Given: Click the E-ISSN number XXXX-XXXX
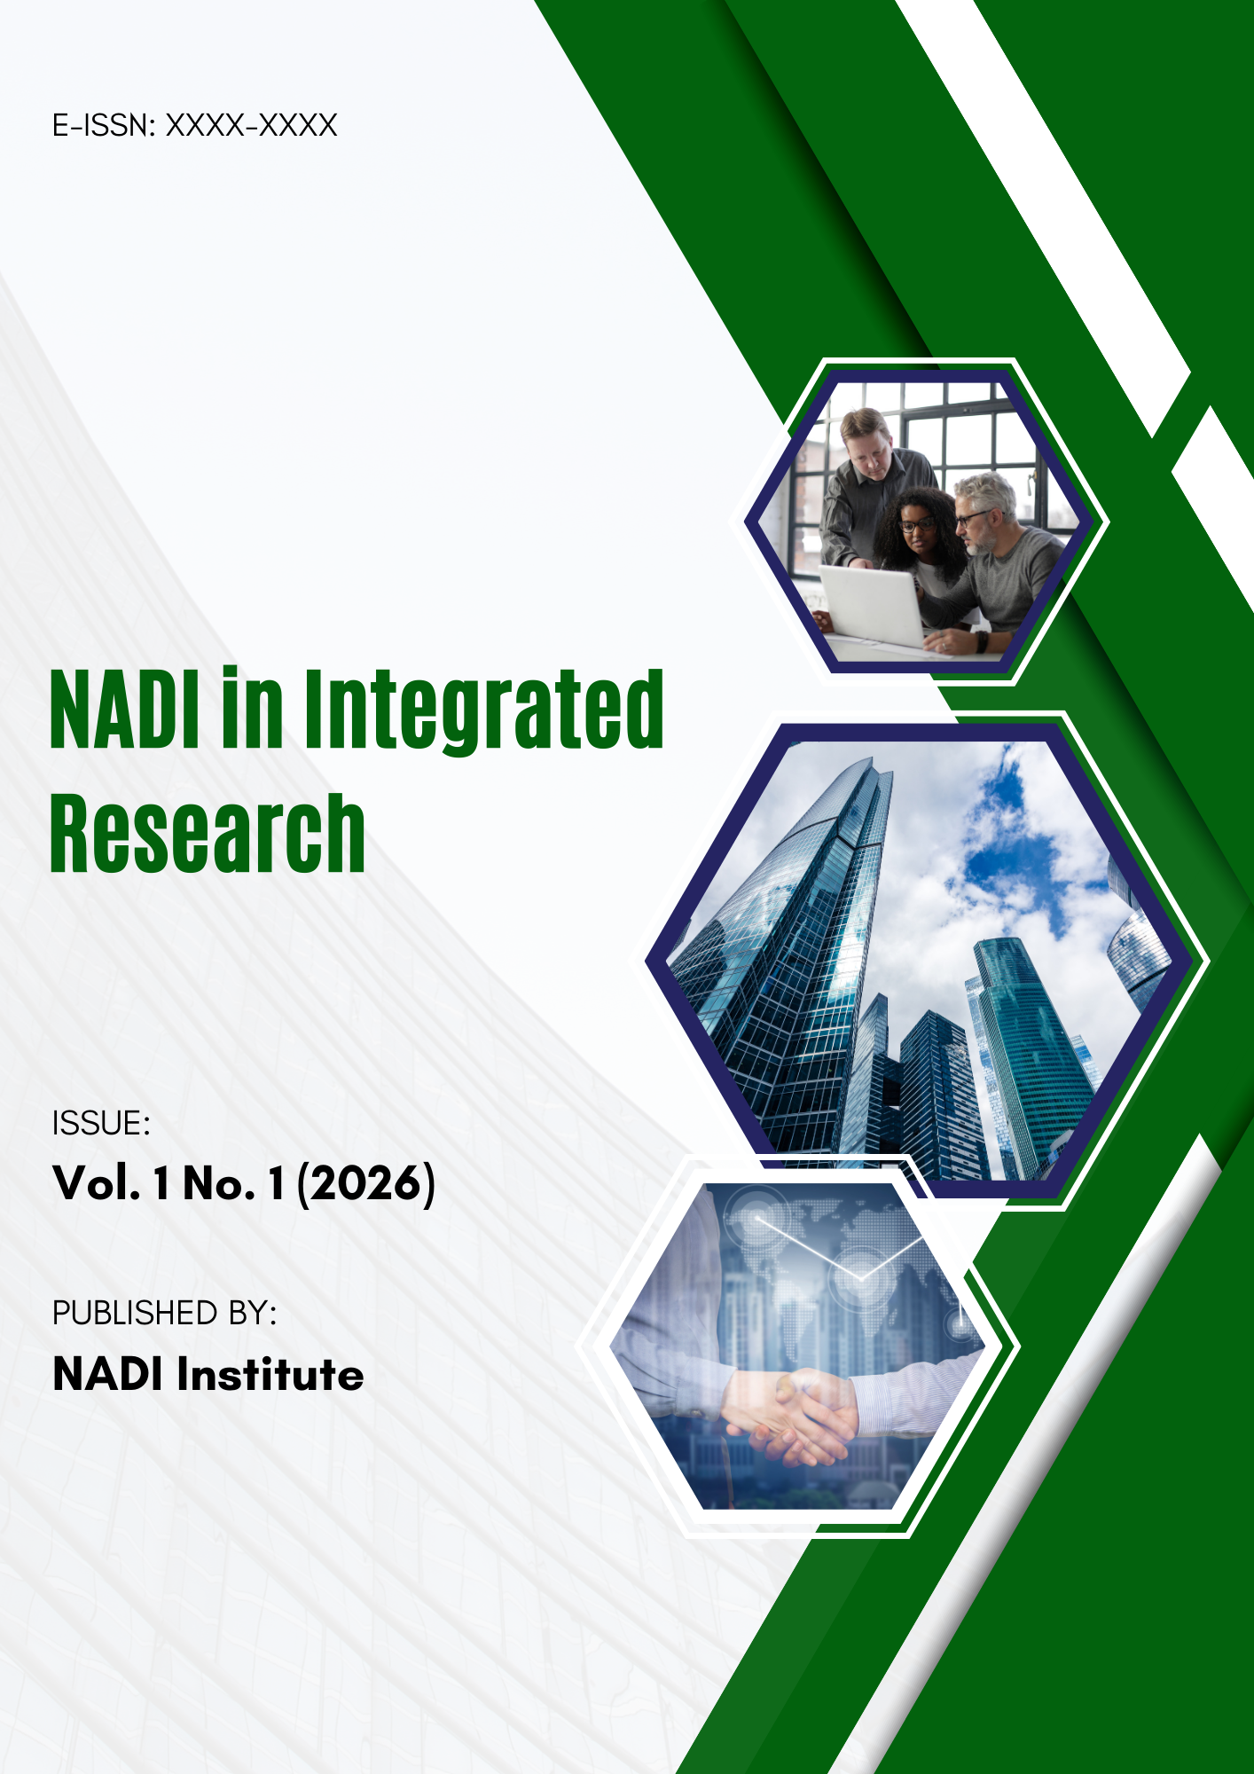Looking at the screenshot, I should coord(252,125).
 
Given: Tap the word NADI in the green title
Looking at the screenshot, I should coord(124,710).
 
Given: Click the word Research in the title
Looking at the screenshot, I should coord(208,834).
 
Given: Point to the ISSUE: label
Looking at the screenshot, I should coord(101,1124).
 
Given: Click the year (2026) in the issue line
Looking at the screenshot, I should coord(365,1183).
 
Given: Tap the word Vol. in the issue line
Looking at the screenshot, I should coord(97,1183).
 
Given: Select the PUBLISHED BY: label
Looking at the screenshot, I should coord(165,1313).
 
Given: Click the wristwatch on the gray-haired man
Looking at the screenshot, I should coord(982,640).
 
